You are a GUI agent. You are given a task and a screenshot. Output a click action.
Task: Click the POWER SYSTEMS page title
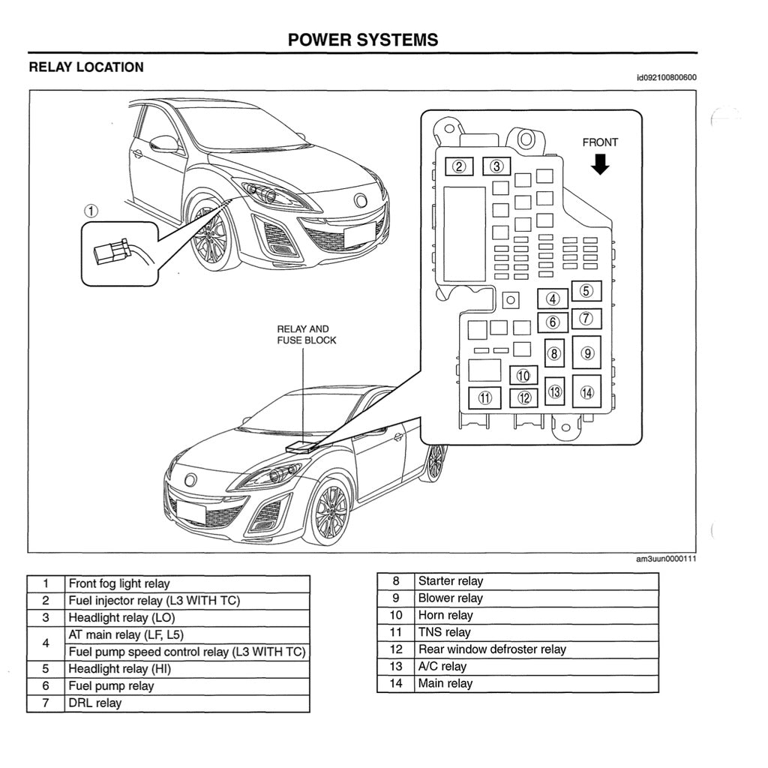(x=363, y=40)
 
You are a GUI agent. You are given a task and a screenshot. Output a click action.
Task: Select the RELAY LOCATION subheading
(x=86, y=67)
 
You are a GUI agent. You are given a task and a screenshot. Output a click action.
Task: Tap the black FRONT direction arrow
(x=600, y=163)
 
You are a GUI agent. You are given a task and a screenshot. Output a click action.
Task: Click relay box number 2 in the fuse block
(x=459, y=166)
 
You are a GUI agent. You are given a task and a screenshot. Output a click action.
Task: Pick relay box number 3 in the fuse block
(x=496, y=166)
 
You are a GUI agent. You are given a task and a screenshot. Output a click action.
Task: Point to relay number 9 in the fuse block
(x=586, y=352)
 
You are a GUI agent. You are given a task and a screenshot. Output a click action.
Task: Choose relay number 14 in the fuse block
(x=586, y=391)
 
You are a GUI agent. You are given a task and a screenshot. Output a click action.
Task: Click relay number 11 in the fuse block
(x=485, y=397)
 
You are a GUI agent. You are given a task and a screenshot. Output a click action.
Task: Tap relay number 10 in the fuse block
(x=523, y=376)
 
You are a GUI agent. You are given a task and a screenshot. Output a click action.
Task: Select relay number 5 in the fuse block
(x=586, y=291)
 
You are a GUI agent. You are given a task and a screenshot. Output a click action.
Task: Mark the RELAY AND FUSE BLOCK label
(x=303, y=334)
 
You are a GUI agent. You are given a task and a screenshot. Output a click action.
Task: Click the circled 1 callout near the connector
(x=91, y=211)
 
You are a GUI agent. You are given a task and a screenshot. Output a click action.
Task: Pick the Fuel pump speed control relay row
(x=187, y=652)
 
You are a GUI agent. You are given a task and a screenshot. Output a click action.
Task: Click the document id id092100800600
(x=666, y=78)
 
